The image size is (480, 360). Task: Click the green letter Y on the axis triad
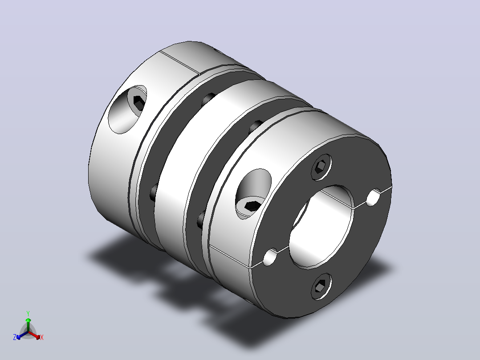(x=28, y=313)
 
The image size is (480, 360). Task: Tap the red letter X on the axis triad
(x=42, y=337)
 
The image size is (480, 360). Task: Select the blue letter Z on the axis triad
(x=15, y=337)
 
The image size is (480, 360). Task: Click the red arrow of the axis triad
(x=34, y=335)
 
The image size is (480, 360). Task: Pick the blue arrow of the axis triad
(x=22, y=335)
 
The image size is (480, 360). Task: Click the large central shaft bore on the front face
(x=321, y=227)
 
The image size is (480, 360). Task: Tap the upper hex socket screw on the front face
(x=321, y=167)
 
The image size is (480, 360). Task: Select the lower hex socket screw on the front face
(x=321, y=286)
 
